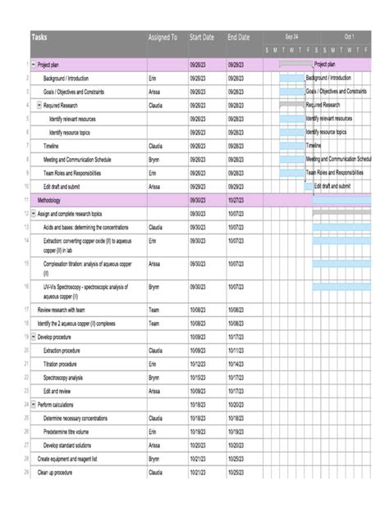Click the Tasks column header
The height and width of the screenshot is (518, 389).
coord(40,38)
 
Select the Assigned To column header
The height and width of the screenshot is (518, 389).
coord(162,38)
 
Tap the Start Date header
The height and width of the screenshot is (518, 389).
coord(202,38)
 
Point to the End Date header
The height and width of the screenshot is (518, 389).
coord(239,38)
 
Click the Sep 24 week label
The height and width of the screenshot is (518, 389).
coord(292,37)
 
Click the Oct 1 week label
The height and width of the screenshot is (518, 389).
coord(350,37)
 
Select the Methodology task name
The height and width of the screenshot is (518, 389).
coord(49,200)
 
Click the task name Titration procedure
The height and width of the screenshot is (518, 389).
coord(61,364)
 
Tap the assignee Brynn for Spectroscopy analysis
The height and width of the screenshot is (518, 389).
coord(153,378)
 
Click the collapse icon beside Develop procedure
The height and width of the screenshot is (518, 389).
coord(33,337)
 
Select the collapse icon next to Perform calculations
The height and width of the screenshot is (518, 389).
coord(33,405)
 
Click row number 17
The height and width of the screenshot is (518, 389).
coord(26,310)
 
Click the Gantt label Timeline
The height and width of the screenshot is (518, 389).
coord(313,146)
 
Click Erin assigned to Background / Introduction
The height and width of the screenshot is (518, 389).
coord(153,78)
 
